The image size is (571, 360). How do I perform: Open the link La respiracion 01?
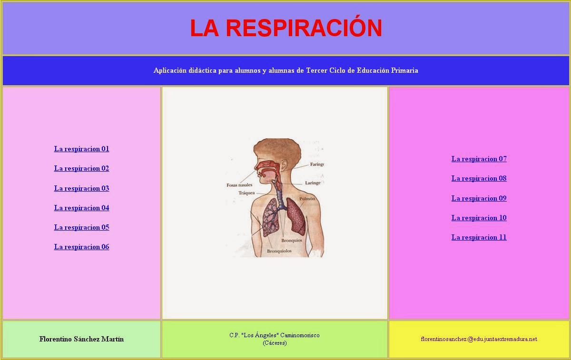[x=81, y=149]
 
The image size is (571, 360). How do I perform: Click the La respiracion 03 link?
[x=81, y=188]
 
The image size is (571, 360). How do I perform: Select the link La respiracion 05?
[x=81, y=227]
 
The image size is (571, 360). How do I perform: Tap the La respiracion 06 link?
[x=81, y=247]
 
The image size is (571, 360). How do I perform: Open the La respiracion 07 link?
[x=479, y=159]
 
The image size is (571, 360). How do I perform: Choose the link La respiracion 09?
[x=479, y=198]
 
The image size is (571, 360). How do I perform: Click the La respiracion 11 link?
[x=479, y=237]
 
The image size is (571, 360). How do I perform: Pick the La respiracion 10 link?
[x=479, y=218]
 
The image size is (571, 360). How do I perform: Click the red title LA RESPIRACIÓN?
[x=286, y=28]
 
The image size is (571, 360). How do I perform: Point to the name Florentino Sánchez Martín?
[x=81, y=339]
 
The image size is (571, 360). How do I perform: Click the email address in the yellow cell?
[x=479, y=339]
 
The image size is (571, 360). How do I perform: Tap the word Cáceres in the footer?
[x=275, y=343]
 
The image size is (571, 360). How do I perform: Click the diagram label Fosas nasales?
[x=239, y=185]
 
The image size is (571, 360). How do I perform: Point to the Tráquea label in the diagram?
[x=246, y=193]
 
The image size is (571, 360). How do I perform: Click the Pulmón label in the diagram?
[x=307, y=199]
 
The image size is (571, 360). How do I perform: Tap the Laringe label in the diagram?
[x=313, y=183]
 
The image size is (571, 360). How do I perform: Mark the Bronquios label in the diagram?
[x=291, y=240]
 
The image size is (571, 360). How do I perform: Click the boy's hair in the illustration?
[x=276, y=147]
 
